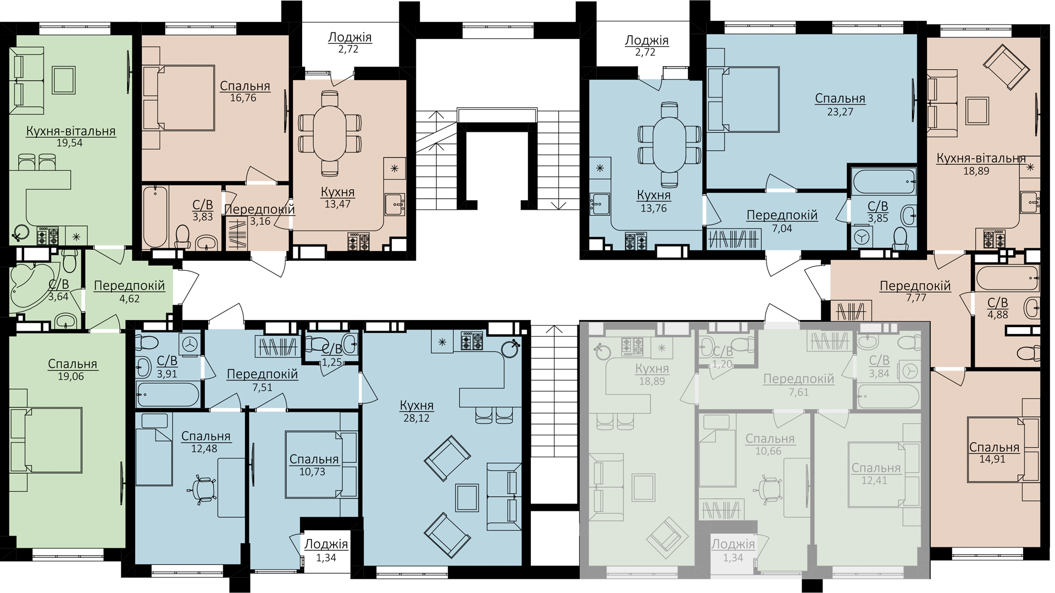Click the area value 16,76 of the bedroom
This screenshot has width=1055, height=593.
(243, 98)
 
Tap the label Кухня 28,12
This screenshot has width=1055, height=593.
(416, 411)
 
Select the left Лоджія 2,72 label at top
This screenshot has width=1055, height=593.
(349, 43)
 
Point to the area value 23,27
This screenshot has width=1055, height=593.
(840, 111)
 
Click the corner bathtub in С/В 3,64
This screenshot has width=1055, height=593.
(31, 288)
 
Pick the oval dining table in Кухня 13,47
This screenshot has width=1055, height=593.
(330, 133)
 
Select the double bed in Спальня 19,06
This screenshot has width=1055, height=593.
(47, 440)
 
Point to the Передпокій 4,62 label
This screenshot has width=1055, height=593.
(129, 292)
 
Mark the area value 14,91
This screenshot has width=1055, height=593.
(992, 459)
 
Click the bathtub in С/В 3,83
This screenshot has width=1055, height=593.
(156, 217)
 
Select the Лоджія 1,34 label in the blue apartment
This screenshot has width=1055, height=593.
(326, 551)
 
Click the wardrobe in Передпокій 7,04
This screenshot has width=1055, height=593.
(735, 239)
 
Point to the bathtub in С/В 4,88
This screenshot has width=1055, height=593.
(1008, 278)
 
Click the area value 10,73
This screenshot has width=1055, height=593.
(312, 472)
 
